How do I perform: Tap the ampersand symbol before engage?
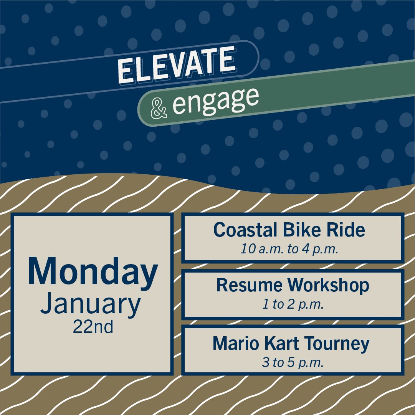159,109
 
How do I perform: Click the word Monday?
93,273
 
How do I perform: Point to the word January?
91,304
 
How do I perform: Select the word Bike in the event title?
294,230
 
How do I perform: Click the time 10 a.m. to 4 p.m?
289,250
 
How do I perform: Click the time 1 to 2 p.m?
293,305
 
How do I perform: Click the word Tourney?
337,344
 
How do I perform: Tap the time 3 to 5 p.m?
293,362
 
